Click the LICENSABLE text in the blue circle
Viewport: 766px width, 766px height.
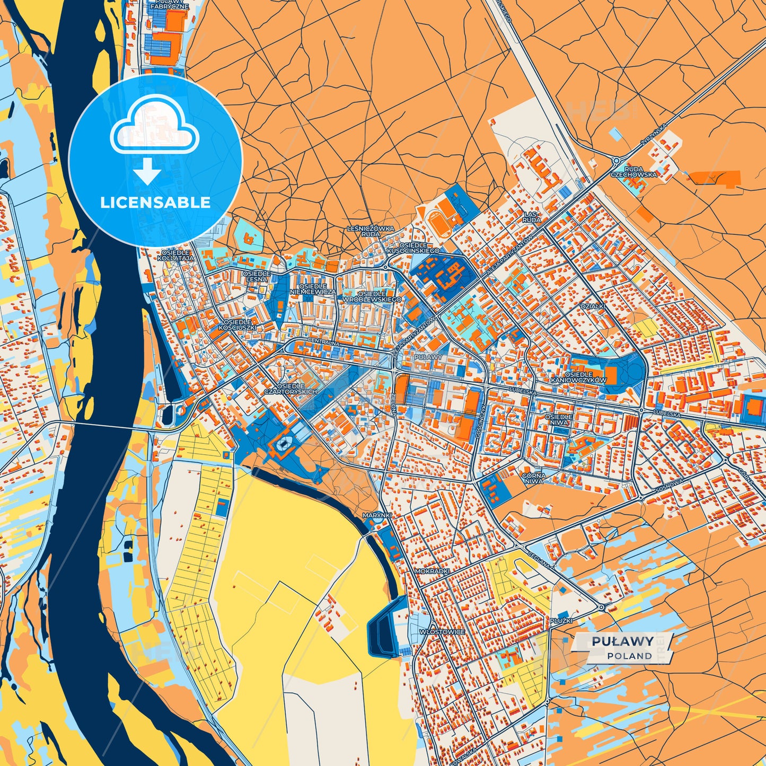tap(155, 202)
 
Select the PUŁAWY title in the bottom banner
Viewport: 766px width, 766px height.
tap(622, 641)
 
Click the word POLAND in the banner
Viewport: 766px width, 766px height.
tap(629, 656)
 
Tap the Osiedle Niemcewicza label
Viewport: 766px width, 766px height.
tap(313, 289)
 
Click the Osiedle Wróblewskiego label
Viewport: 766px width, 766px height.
tap(372, 296)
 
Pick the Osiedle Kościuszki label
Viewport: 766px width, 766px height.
tap(240, 324)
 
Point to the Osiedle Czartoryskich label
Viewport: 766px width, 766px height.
tap(290, 389)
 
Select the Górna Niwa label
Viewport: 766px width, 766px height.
tap(533, 479)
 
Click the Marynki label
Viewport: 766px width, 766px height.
tap(377, 515)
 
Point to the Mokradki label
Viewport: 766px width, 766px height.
tap(432, 571)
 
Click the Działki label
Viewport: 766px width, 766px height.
tap(592, 306)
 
